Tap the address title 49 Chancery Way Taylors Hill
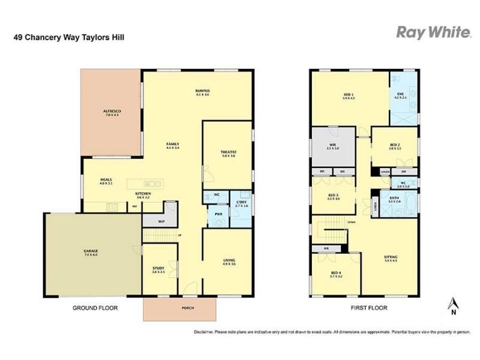pos(69,37)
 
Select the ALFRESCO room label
pos(112,112)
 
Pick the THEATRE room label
pos(227,152)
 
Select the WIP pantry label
pos(161,221)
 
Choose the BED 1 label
pos(349,95)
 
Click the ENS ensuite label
pos(400,94)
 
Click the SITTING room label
pos(391,257)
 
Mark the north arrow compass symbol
pos(453,304)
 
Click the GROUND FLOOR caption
pos(95,308)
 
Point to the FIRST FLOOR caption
pos(369,308)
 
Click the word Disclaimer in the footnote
pos(205,332)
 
